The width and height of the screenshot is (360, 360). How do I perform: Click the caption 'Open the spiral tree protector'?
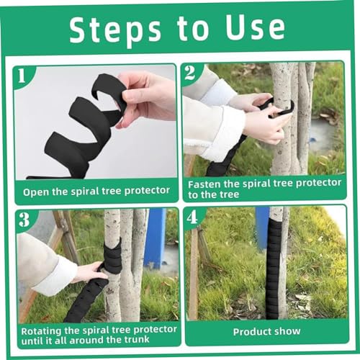click(96, 192)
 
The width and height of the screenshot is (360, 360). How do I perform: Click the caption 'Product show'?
click(266, 332)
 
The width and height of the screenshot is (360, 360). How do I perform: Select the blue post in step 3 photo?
click(155, 238)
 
